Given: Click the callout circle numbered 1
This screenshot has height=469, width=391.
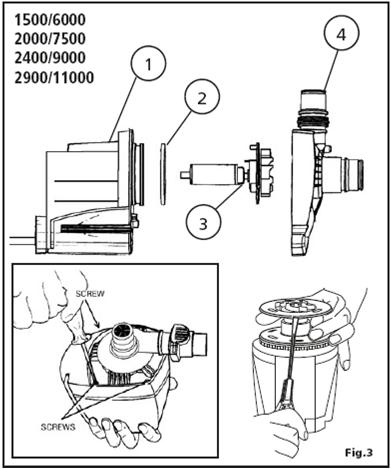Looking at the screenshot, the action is [148, 63].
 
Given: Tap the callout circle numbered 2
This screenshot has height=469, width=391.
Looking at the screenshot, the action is [202, 98].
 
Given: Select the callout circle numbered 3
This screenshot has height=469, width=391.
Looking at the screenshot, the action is [203, 222].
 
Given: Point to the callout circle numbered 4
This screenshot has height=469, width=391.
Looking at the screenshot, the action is [341, 33].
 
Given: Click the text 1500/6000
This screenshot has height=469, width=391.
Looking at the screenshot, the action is [50, 20].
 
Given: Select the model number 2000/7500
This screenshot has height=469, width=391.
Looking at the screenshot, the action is [50, 39].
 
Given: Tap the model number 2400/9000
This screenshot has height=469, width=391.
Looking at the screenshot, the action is [50, 58].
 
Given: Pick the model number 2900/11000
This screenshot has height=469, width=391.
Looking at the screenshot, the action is [54, 78].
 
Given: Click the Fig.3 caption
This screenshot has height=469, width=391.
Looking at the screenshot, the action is [358, 452].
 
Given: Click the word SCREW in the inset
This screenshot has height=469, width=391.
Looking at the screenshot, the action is [90, 294].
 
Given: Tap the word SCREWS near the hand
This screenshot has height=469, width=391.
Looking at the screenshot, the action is [58, 427].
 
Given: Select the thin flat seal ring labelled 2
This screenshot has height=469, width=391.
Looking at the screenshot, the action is [163, 174].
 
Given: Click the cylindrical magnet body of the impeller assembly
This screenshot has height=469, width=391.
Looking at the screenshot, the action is [213, 174].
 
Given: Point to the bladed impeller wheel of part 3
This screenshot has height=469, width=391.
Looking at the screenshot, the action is [261, 173].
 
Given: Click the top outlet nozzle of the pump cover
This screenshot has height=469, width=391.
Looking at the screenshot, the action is [313, 106].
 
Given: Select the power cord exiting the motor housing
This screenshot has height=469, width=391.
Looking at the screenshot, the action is [23, 241].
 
